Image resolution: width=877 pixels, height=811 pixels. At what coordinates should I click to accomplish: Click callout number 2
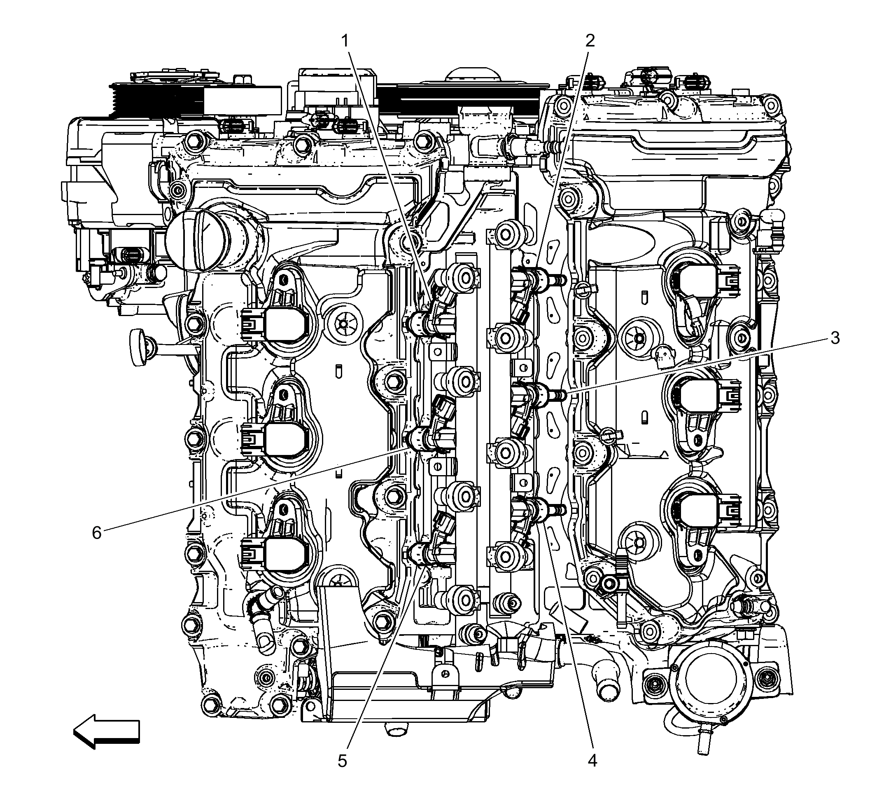590,40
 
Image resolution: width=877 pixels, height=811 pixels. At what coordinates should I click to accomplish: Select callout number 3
835,338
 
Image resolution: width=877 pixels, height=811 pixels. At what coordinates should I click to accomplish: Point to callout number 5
342,761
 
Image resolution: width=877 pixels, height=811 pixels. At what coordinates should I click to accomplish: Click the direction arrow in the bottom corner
107,734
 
